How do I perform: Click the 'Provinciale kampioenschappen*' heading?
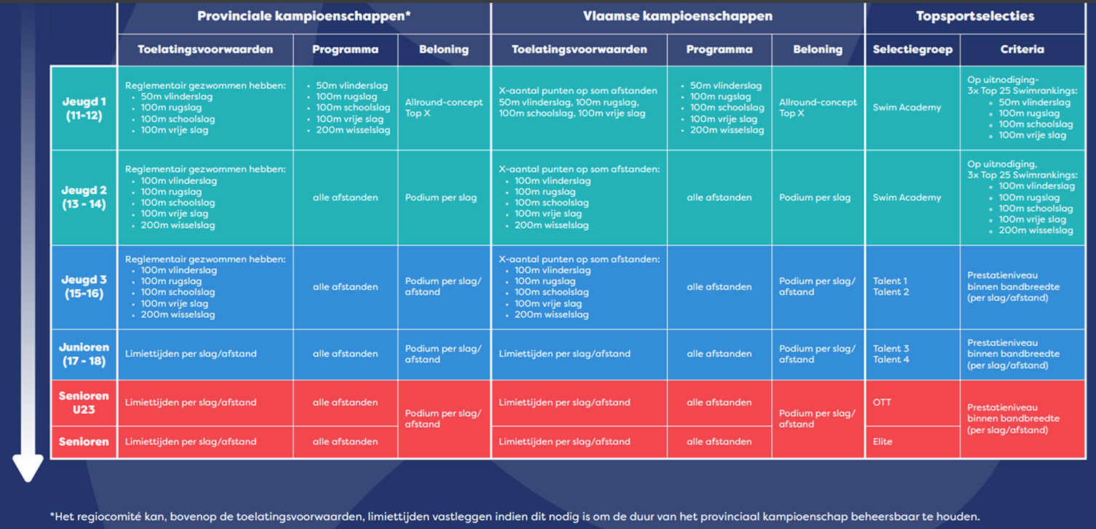304,16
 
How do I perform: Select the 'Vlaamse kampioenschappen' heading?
678,16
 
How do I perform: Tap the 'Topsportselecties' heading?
975,16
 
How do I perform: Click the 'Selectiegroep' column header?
913,49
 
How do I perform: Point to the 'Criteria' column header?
1022,49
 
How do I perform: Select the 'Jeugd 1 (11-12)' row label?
84,108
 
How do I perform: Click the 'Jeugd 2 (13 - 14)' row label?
84,197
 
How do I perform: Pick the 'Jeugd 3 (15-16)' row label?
84,286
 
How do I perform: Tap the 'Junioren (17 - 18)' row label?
84,354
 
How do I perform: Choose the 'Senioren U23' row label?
84,403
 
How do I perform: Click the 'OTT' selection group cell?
881,403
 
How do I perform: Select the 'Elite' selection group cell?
883,442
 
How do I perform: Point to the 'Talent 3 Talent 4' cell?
891,354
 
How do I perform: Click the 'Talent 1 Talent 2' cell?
891,286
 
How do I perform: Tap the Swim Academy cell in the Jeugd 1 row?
907,108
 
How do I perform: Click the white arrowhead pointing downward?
28,468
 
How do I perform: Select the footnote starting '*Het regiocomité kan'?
515,517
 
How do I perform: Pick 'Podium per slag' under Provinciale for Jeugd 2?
441,198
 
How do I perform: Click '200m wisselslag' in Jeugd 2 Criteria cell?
1036,230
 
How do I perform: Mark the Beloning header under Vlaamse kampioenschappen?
817,49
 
